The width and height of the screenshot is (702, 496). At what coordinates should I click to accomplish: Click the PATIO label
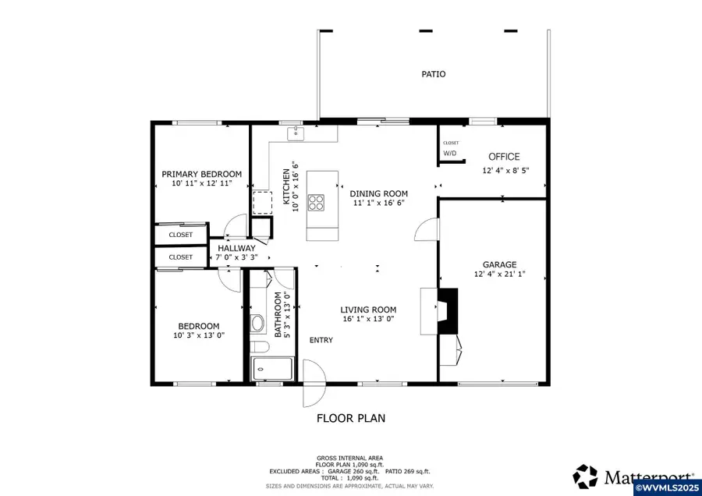point(433,74)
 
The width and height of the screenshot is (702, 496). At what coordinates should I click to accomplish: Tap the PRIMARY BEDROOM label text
point(201,174)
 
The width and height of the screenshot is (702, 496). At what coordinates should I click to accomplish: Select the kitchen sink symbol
point(296,134)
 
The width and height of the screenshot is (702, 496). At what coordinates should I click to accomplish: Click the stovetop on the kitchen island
point(317,202)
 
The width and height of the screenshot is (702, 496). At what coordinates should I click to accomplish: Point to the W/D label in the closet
point(450,154)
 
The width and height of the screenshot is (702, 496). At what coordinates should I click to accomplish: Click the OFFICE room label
point(503,157)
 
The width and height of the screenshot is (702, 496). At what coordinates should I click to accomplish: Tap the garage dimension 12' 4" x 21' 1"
point(499,275)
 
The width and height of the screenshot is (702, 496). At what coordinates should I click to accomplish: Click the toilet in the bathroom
point(258,324)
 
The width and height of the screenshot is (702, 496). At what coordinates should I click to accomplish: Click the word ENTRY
point(321,340)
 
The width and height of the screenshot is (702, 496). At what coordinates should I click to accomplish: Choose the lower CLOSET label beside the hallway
point(180,257)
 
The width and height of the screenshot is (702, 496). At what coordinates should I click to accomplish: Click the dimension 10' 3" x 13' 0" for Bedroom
point(198,336)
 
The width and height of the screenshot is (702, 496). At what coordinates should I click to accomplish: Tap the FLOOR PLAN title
point(350,418)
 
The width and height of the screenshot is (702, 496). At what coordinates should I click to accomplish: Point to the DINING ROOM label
point(378,193)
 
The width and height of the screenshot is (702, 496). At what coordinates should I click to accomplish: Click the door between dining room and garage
point(427,230)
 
